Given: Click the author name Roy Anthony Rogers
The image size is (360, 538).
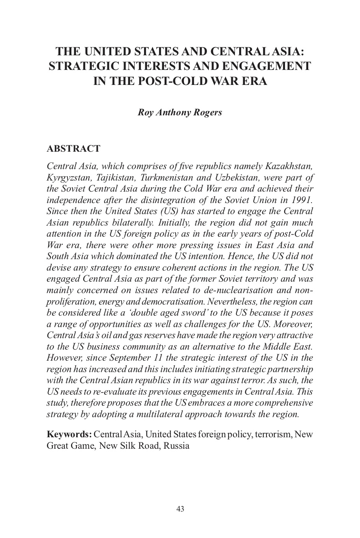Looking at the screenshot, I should (x=180, y=112).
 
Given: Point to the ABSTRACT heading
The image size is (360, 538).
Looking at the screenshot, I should (x=73, y=149).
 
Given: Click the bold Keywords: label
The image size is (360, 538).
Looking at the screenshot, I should (x=69, y=435).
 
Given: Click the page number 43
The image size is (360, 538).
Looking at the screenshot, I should (x=180, y=509).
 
